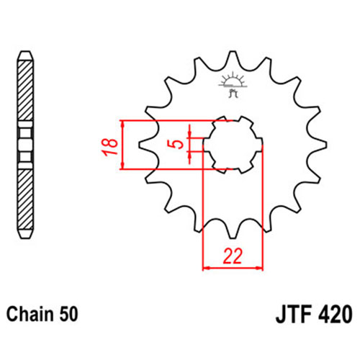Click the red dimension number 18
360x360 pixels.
109,147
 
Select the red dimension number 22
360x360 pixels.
233,256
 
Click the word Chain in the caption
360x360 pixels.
30,314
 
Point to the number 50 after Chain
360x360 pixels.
68,314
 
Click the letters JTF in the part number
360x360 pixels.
294,314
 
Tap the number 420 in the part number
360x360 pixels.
336,314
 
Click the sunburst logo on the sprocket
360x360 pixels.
233,84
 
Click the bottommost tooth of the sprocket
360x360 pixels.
233,232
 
